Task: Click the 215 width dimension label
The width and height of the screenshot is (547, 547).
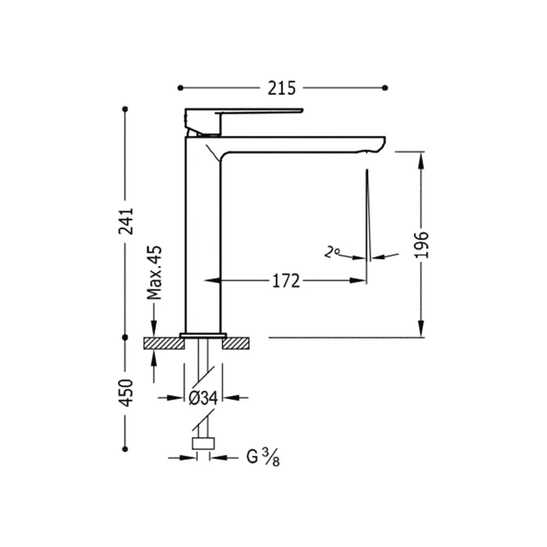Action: point(282,88)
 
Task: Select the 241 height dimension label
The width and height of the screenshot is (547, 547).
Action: point(126,221)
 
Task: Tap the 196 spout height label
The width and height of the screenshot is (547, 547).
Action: point(421,245)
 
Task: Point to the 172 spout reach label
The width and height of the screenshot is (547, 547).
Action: point(286,281)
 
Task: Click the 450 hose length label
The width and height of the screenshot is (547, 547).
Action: point(126,393)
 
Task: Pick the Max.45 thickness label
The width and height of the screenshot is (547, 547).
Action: point(154,273)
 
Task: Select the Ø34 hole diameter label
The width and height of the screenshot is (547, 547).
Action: point(203,398)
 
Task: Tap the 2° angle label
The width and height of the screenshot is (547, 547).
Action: point(332,252)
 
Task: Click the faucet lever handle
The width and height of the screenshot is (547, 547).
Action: point(244,111)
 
